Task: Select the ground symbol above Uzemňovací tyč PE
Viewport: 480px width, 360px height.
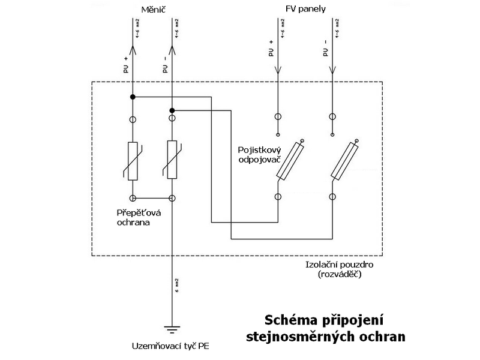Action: pos(172,329)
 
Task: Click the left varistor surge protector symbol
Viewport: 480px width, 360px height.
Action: pos(133,160)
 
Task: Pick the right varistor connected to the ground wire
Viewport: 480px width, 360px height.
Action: pos(172,160)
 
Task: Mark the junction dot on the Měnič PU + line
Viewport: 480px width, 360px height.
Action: pos(133,96)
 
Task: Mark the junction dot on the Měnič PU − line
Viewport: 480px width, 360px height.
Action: pos(172,110)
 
